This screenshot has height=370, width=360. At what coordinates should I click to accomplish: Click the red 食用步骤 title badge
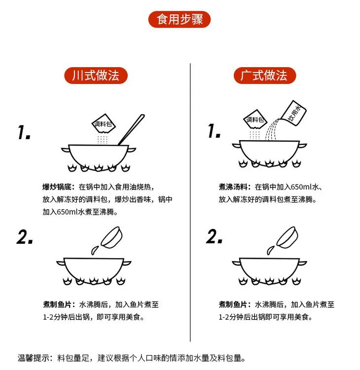180,19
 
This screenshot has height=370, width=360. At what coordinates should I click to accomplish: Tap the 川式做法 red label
96,75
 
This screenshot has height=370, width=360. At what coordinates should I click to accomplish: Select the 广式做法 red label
265,75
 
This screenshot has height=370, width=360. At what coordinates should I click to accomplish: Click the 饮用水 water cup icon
294,113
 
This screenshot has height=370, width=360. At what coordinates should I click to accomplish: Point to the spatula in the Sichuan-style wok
131,130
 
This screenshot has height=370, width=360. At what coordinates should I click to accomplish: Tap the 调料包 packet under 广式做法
255,119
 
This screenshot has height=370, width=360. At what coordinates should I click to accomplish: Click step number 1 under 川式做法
24,132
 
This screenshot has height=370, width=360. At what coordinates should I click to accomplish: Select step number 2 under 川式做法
25,237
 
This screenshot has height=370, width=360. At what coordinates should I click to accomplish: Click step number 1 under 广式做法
214,131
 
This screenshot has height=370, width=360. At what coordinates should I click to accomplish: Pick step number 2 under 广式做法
214,236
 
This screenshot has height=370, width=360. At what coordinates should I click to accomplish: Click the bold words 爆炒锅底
57,187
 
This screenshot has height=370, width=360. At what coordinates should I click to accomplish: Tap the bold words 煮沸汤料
233,187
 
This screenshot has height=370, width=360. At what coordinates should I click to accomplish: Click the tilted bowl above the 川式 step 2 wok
112,238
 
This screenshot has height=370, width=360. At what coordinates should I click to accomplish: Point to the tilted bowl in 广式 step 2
288,238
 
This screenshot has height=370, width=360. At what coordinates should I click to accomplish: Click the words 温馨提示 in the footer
34,358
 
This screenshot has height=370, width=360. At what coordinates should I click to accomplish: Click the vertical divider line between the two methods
190,202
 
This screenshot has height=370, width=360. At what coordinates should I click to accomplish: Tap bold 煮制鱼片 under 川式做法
57,304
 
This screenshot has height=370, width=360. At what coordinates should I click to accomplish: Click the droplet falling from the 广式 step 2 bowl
270,250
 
